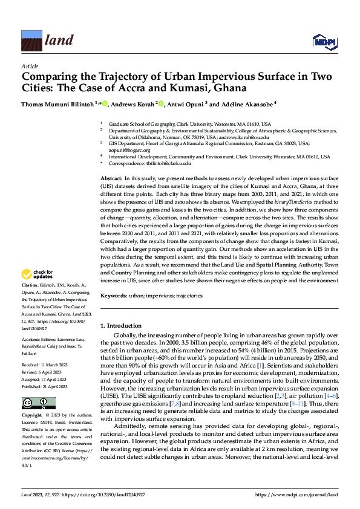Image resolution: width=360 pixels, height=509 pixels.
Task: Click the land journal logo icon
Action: (30, 41)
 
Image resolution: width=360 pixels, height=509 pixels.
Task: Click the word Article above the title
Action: (30, 66)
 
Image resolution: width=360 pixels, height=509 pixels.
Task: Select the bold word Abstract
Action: (111, 179)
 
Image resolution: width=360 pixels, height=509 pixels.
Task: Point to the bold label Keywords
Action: (114, 296)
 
